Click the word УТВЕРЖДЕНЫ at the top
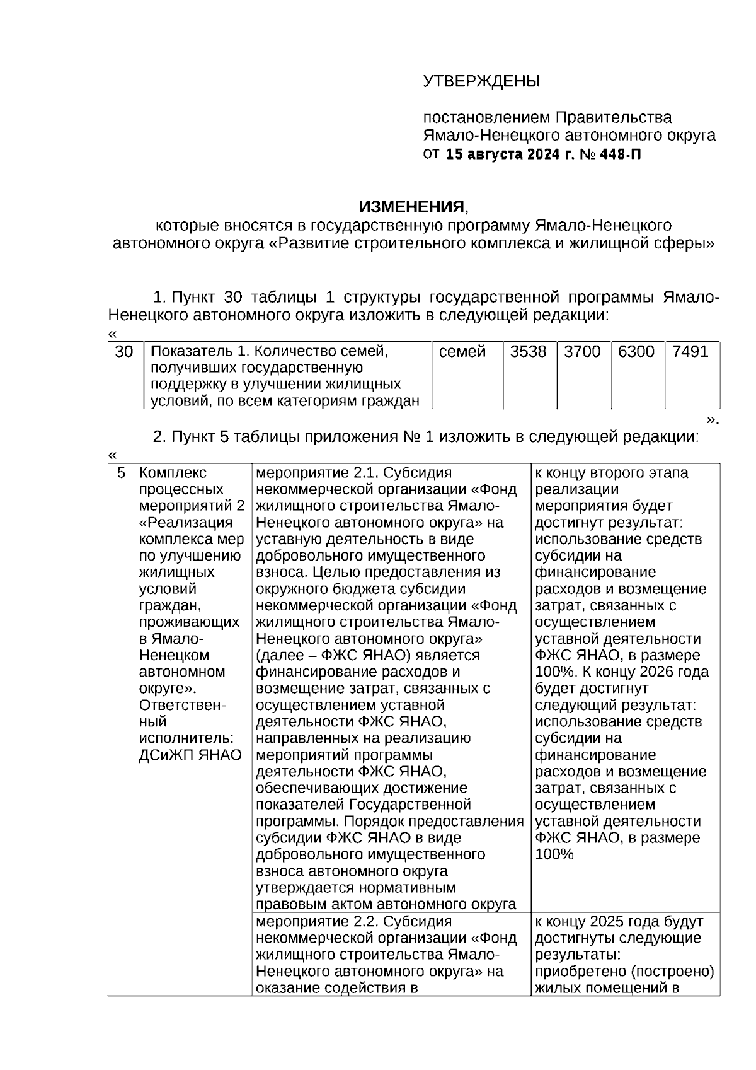[481, 81]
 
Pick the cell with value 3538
[528, 352]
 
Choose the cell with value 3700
[582, 352]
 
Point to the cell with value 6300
[636, 352]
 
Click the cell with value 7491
[690, 352]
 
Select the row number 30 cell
[124, 352]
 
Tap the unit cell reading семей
[462, 352]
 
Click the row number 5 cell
[122, 473]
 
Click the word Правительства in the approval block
[613, 117]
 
